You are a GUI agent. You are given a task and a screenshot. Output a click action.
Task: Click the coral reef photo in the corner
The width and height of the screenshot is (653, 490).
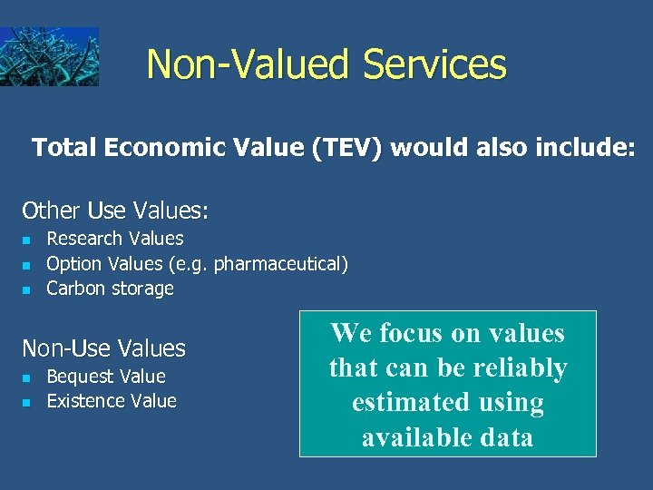(x=49, y=56)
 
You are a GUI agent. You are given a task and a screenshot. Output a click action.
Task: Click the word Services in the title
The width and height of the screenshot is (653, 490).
(x=434, y=64)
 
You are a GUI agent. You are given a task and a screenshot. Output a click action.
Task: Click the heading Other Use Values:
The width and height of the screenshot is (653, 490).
(x=115, y=211)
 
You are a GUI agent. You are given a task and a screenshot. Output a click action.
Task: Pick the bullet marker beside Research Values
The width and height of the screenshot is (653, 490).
(x=26, y=240)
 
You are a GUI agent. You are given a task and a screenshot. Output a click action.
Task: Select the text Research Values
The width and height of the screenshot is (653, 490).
(x=115, y=239)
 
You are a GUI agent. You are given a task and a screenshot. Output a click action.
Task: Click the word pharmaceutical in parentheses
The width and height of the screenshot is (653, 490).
(x=277, y=264)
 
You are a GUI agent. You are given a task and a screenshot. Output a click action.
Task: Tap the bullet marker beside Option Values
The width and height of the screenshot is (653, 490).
(x=26, y=266)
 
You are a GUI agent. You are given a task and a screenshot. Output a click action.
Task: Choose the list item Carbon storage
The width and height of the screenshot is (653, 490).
(x=110, y=289)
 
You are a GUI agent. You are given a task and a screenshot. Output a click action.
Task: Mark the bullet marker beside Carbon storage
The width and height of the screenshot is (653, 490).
(x=26, y=290)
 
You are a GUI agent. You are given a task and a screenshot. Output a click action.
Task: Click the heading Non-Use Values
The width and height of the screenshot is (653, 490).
(x=103, y=348)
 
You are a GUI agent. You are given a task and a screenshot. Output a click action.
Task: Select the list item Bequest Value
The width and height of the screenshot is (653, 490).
(x=106, y=377)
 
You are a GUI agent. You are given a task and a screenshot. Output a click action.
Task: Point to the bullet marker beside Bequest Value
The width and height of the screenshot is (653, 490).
(x=26, y=377)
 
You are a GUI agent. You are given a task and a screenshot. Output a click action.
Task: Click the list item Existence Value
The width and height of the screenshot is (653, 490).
(x=112, y=401)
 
